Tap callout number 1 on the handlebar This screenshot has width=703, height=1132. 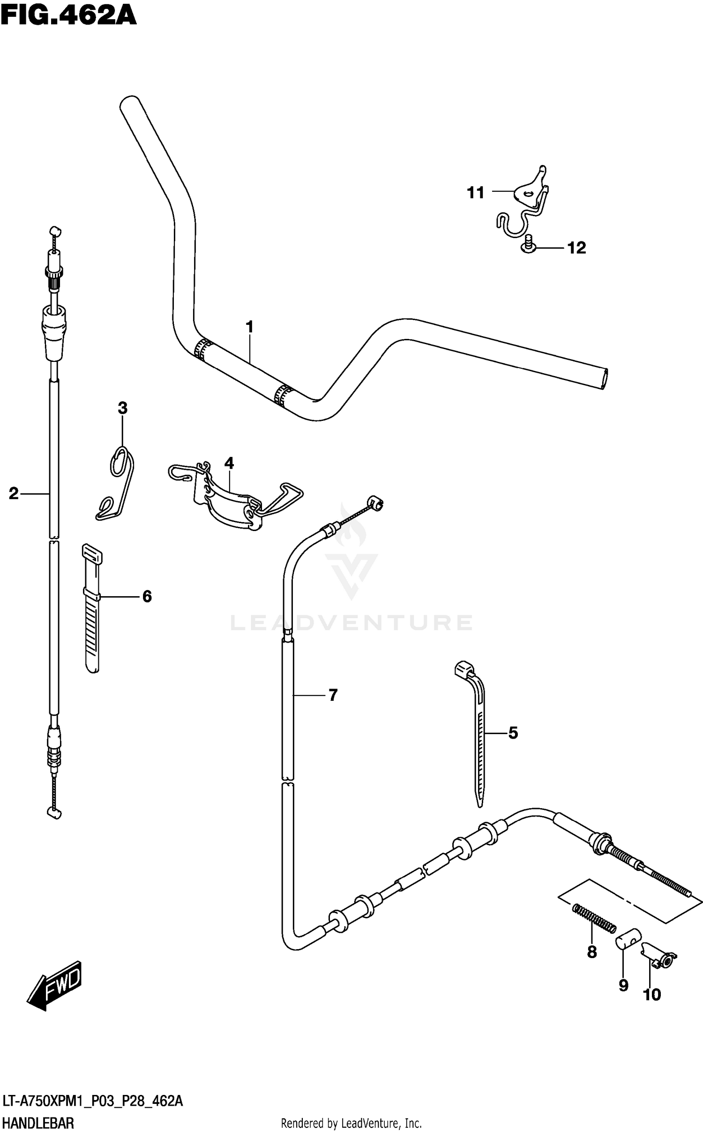(249, 327)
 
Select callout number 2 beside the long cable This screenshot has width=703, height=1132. (14, 493)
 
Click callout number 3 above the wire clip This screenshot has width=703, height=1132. (122, 408)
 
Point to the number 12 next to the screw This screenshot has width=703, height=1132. (576, 247)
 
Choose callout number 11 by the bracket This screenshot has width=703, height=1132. (475, 192)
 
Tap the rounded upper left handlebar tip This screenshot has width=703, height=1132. (129, 103)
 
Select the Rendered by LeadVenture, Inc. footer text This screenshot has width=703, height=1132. (351, 1123)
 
